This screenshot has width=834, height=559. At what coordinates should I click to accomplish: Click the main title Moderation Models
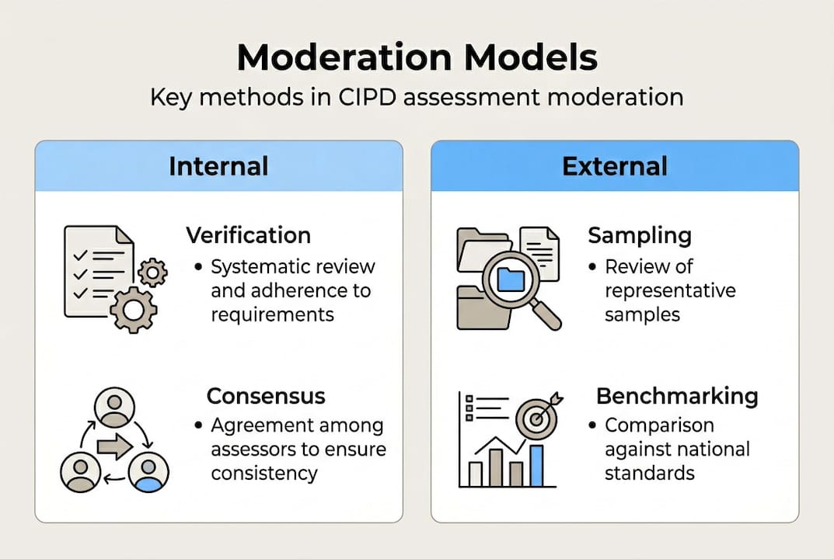pos(417,58)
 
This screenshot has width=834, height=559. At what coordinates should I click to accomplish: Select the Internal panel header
pos(218,166)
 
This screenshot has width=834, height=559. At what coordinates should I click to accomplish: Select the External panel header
pos(614,166)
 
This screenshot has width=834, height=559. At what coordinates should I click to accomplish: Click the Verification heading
pos(248,235)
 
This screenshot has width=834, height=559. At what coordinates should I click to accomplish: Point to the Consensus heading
pos(265,396)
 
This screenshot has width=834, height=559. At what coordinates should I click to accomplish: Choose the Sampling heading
pos(639,235)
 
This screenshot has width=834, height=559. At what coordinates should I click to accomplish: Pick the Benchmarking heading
pos(676,396)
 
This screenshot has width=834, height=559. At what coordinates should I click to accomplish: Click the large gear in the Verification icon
pos(133,310)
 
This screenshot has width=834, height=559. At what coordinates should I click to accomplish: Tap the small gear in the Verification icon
pos(152,272)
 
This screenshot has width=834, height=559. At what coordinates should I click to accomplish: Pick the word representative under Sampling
pos(670,290)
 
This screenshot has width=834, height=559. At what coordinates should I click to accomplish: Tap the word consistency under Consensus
pos(264,472)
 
